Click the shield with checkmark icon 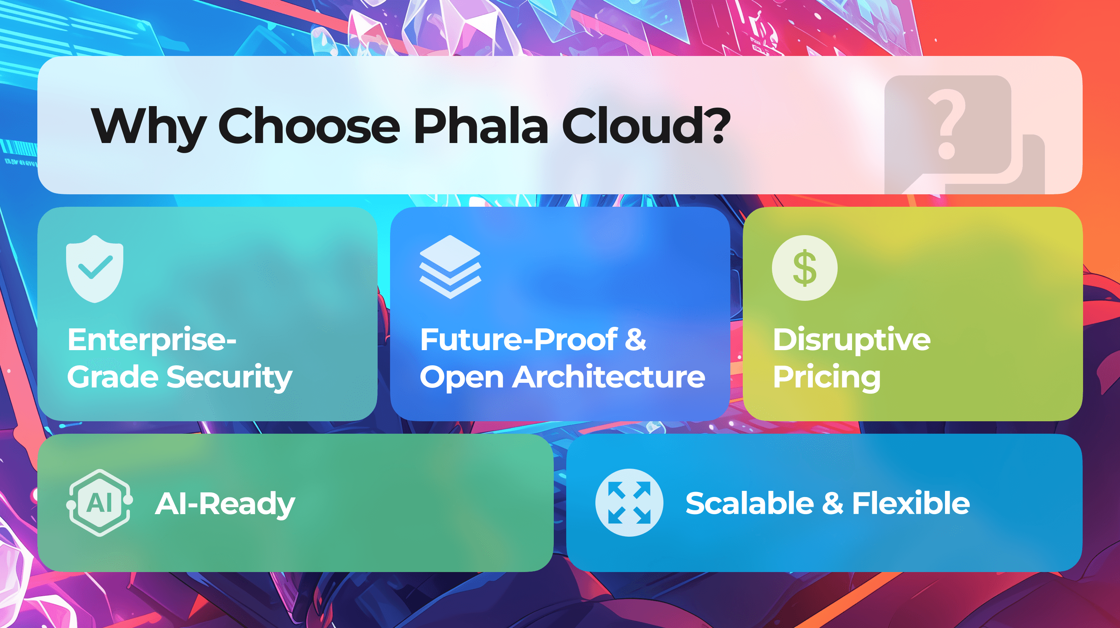tap(95, 269)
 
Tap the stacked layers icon tap(450, 267)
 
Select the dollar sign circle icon tap(804, 268)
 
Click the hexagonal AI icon tap(100, 503)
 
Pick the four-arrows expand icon tap(629, 502)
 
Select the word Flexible tap(911, 503)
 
